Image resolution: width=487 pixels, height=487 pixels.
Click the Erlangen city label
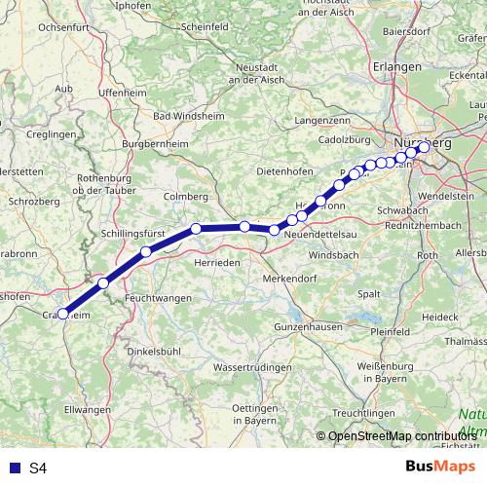pyautogui.click(x=397, y=66)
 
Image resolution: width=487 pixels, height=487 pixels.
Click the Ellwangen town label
pyautogui.click(x=89, y=410)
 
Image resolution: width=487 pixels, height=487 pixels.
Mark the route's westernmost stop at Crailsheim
pyautogui.click(x=63, y=314)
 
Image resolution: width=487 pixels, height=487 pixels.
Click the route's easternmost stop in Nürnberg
pyautogui.click(x=424, y=148)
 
